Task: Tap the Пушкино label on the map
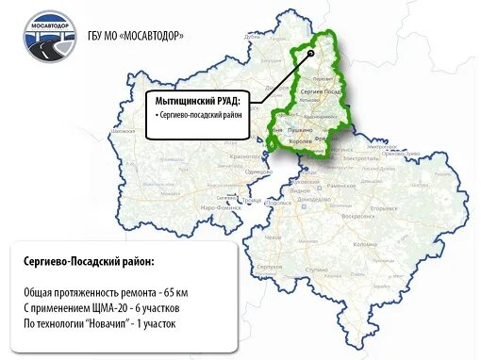click(x=300, y=125)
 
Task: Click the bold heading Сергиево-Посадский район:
click(x=90, y=261)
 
